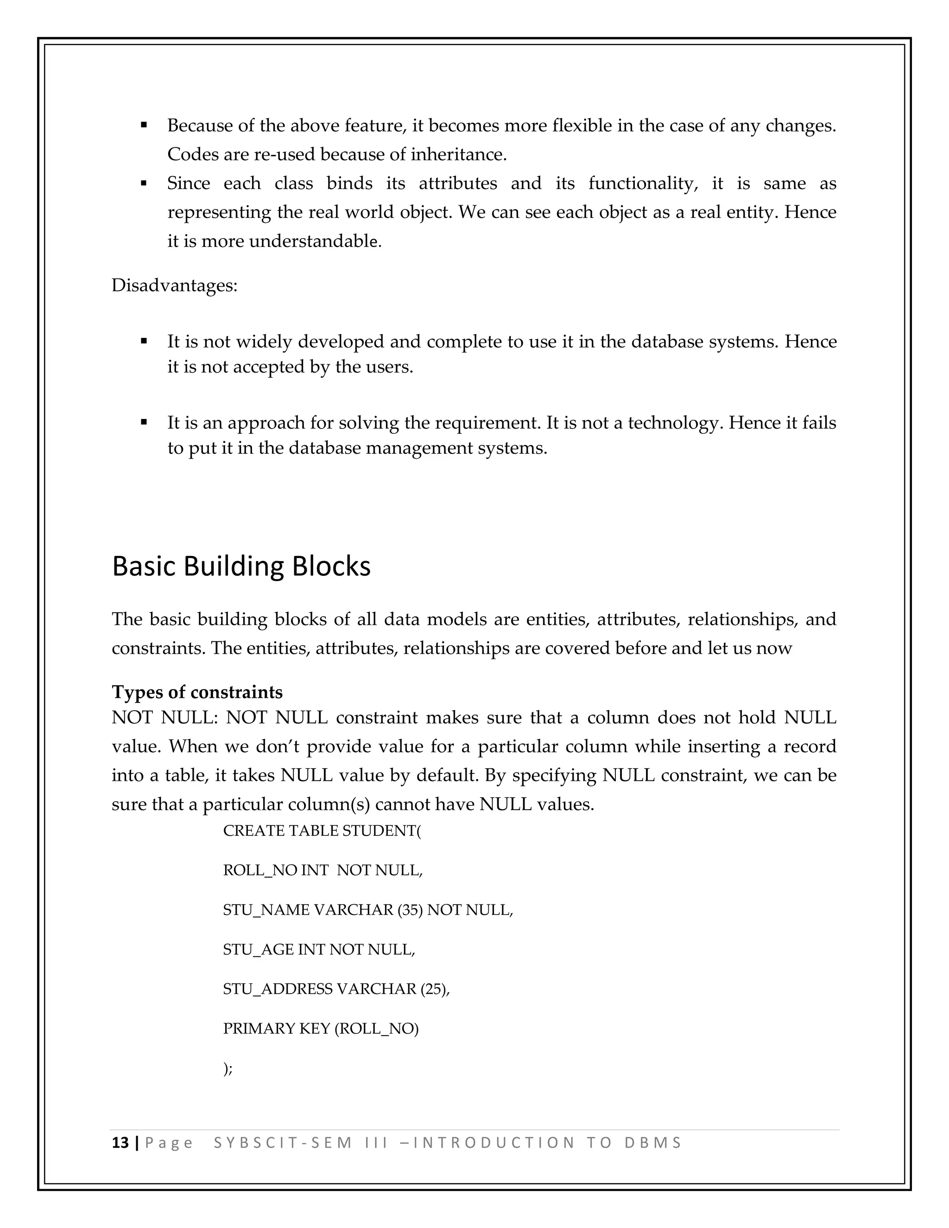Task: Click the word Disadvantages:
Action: pos(174,285)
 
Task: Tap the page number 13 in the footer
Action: pos(120,1143)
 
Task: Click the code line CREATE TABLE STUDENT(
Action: pos(322,830)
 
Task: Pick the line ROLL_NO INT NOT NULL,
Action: pos(323,870)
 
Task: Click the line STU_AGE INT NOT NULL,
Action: pos(319,949)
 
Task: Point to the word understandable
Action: pos(315,242)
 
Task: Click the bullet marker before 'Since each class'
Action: pos(144,184)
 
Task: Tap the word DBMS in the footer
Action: pos(653,1143)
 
